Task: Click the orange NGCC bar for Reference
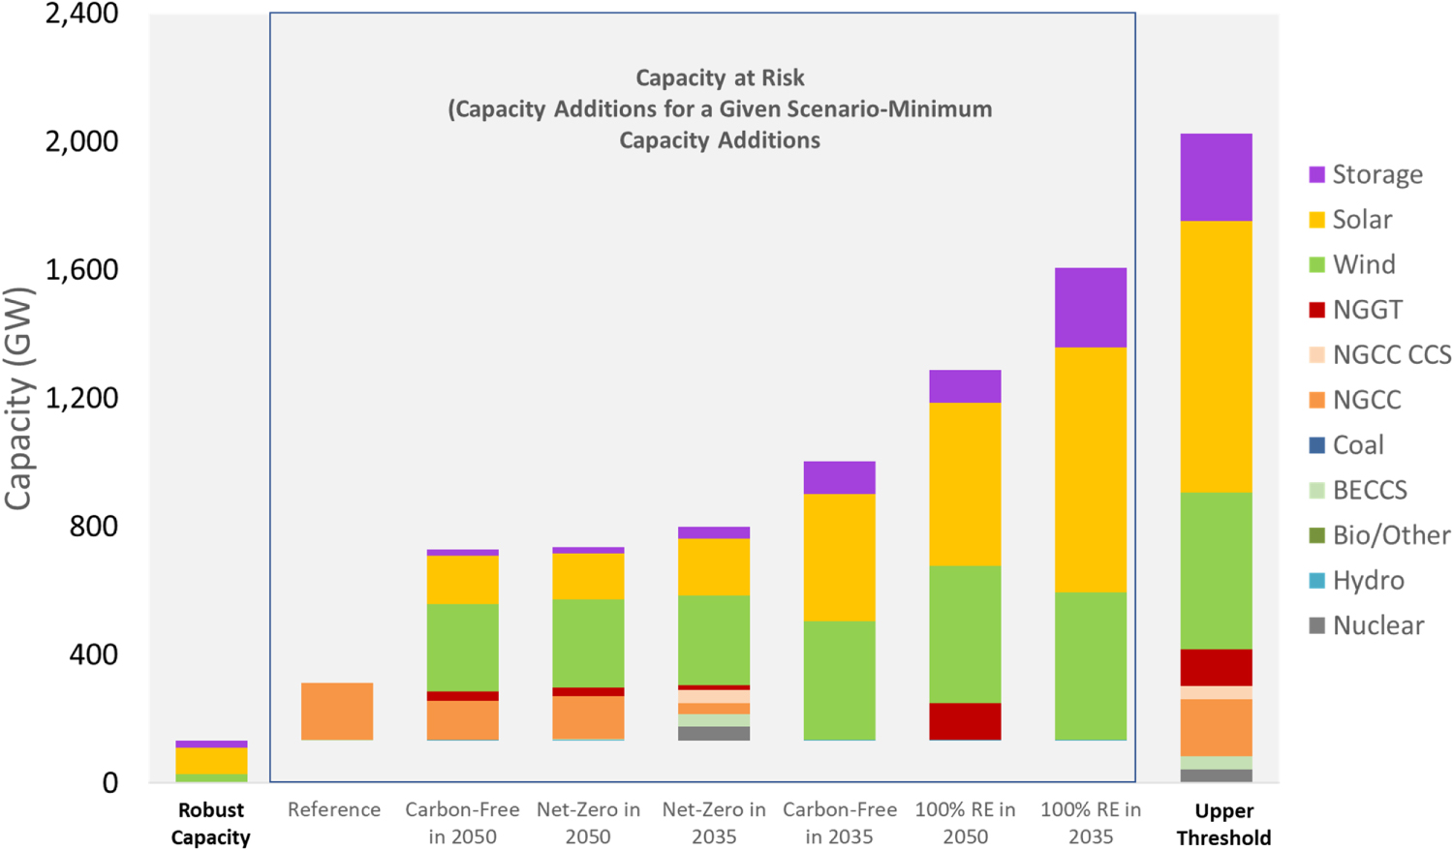336,712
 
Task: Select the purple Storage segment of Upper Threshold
1216,177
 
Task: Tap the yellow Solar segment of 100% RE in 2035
1091,470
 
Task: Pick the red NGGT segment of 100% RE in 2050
965,721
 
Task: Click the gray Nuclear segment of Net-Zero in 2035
714,734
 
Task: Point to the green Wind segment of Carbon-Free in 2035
840,680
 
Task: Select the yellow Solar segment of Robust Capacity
211,761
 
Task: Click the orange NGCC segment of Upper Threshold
1216,727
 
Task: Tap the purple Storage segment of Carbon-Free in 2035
840,477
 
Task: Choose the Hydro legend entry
1368,581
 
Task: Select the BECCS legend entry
1369,490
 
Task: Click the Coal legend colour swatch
1316,445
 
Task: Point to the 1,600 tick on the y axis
82,269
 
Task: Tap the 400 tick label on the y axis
93,654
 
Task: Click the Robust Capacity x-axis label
211,823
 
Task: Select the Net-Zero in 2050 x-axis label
588,823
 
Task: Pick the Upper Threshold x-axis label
1223,824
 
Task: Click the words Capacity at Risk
720,77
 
